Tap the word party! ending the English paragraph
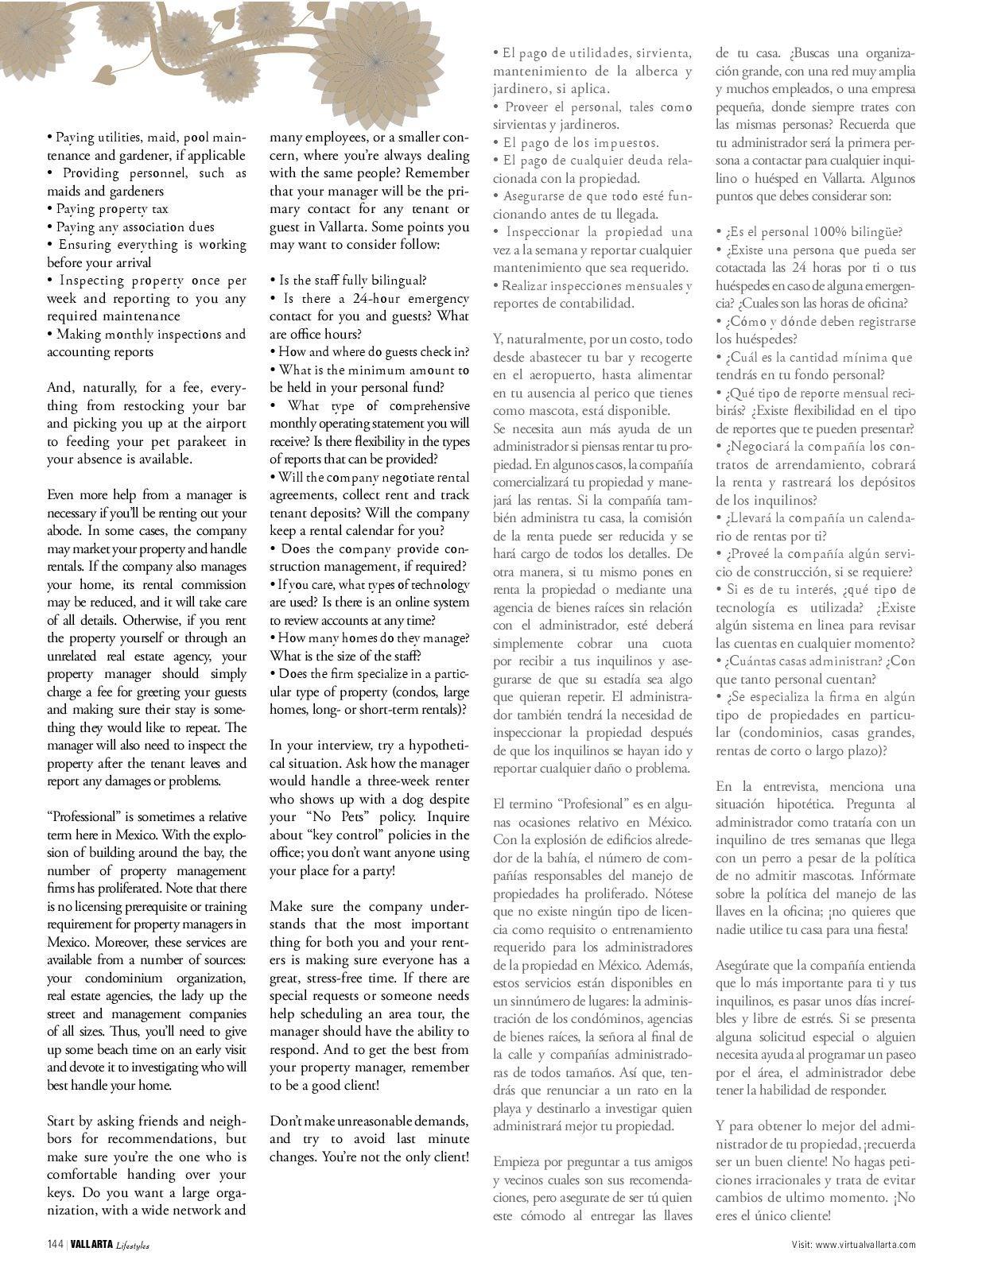pyautogui.click(x=373, y=870)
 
